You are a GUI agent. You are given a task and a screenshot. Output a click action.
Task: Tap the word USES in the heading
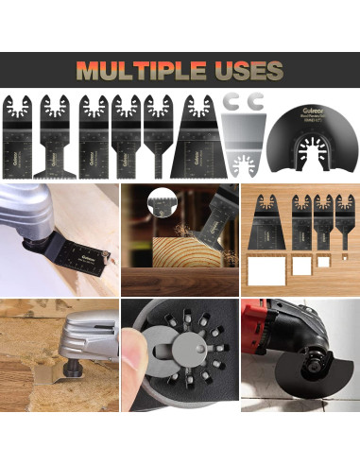249,71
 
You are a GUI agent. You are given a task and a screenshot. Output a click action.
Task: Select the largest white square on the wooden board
261,271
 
